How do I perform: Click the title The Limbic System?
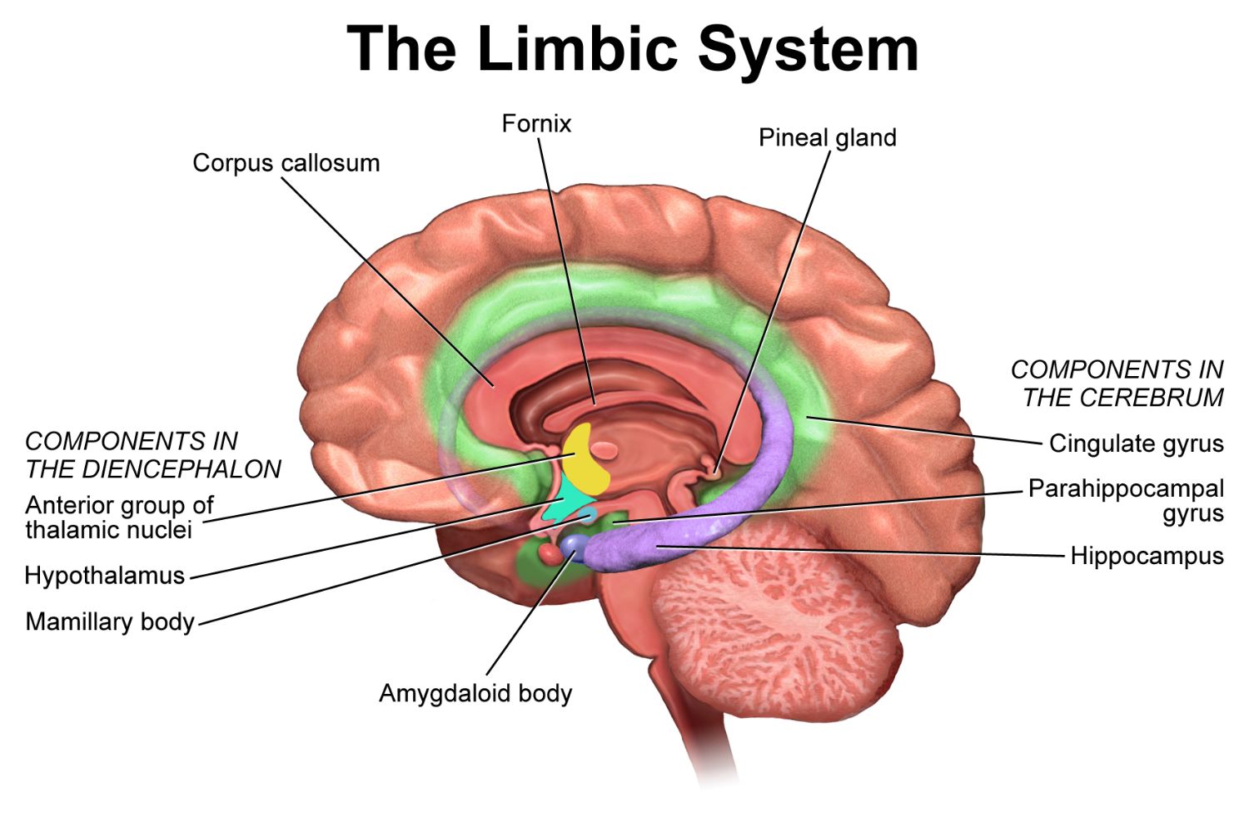click(633, 48)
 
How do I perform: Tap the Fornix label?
click(536, 124)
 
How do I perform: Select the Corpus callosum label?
click(286, 162)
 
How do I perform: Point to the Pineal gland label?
click(827, 137)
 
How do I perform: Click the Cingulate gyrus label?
click(1136, 443)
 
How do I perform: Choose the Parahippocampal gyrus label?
click(1126, 500)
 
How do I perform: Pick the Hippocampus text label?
click(1147, 556)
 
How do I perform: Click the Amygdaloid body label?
click(475, 693)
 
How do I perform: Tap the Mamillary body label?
click(110, 622)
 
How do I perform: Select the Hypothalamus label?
click(104, 575)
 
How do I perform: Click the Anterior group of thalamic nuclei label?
click(119, 518)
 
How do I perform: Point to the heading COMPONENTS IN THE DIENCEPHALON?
click(153, 455)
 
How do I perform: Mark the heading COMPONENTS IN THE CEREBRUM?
click(1117, 384)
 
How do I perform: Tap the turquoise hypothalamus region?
click(568, 503)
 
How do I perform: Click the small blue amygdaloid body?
click(574, 545)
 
